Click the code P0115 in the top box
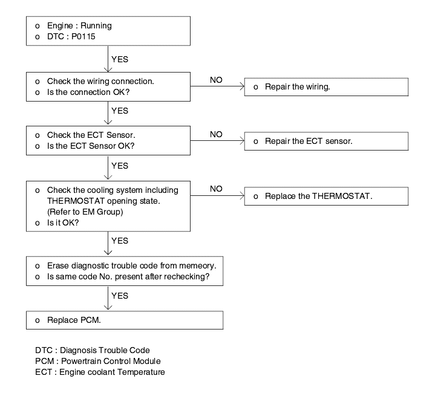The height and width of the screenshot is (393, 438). pyautogui.click(x=83, y=36)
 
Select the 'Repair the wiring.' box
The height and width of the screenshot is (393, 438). pyautogui.click(x=326, y=87)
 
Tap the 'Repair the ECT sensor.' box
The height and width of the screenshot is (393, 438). pyautogui.click(x=326, y=141)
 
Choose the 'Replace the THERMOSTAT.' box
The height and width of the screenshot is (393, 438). pyautogui.click(x=326, y=197)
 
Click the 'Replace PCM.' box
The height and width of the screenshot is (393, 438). pyautogui.click(x=125, y=320)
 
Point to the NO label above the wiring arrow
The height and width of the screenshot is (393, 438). pyautogui.click(x=216, y=80)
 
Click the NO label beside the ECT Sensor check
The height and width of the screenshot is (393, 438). pyautogui.click(x=216, y=135)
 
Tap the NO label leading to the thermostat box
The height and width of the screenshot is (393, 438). pyautogui.click(x=216, y=189)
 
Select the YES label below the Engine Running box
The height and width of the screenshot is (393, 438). pyautogui.click(x=120, y=59)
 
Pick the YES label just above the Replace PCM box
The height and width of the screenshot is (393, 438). pyautogui.click(x=120, y=296)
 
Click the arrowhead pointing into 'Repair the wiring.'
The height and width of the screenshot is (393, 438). pyautogui.click(x=243, y=86)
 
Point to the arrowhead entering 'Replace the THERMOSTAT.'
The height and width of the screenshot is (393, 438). pyautogui.click(x=243, y=196)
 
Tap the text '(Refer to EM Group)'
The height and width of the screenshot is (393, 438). pyautogui.click(x=85, y=212)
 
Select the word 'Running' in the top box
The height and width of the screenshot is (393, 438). pyautogui.click(x=96, y=25)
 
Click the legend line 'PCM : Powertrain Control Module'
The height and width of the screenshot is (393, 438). pyautogui.click(x=98, y=361)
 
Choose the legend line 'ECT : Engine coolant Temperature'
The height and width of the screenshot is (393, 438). pyautogui.click(x=100, y=372)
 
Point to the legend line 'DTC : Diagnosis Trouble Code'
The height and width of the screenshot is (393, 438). pyautogui.click(x=93, y=350)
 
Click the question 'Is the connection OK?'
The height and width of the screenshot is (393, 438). pyautogui.click(x=88, y=92)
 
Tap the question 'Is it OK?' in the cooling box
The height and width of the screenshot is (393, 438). pyautogui.click(x=63, y=222)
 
